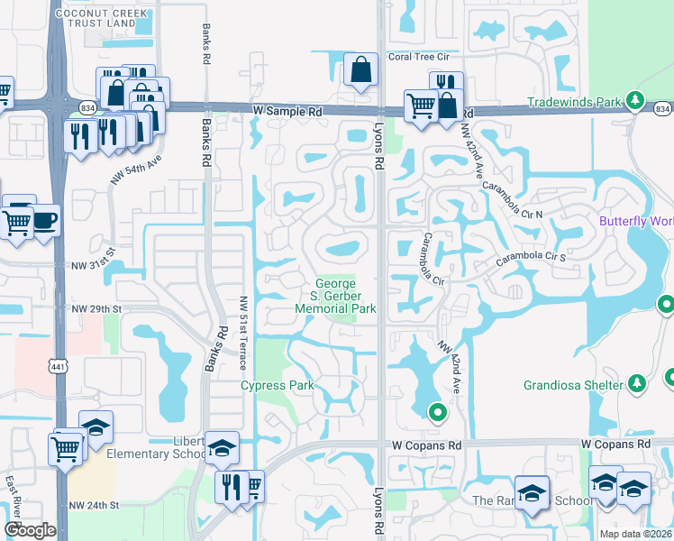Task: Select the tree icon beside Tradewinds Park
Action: tap(636, 100)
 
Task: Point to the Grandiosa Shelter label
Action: tap(573, 385)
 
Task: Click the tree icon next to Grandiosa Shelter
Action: tap(636, 384)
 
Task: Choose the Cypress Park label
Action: tap(277, 386)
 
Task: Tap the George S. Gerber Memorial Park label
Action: tap(335, 296)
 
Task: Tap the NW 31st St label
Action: tap(95, 266)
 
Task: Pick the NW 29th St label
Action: tap(96, 308)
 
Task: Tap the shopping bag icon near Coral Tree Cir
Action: tap(360, 70)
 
